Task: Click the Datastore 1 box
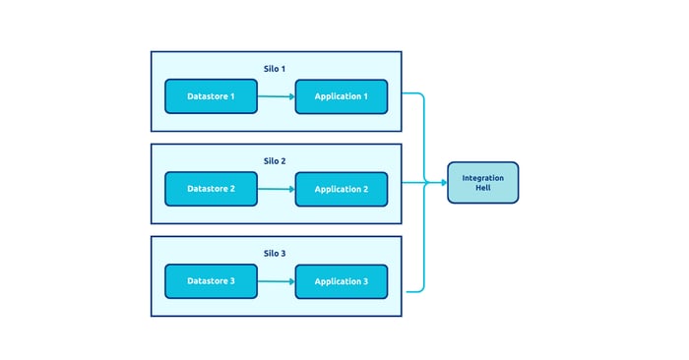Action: pos(211,96)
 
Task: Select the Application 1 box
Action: pos(341,96)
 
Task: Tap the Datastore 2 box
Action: pos(211,188)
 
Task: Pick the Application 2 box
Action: pos(341,188)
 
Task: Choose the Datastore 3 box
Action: pos(211,281)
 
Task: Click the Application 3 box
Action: pos(341,281)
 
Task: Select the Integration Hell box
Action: pos(482,182)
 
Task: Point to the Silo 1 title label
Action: pos(275,68)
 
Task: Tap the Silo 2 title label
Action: pos(275,160)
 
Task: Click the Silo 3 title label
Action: pos(275,253)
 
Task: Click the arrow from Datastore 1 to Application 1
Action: pos(276,96)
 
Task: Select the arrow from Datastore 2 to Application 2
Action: pos(276,188)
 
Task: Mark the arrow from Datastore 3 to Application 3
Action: pos(276,281)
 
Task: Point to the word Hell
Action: pos(482,187)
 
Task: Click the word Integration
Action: pos(482,177)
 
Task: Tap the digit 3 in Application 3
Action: pos(365,281)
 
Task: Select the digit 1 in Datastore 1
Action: pos(232,96)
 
